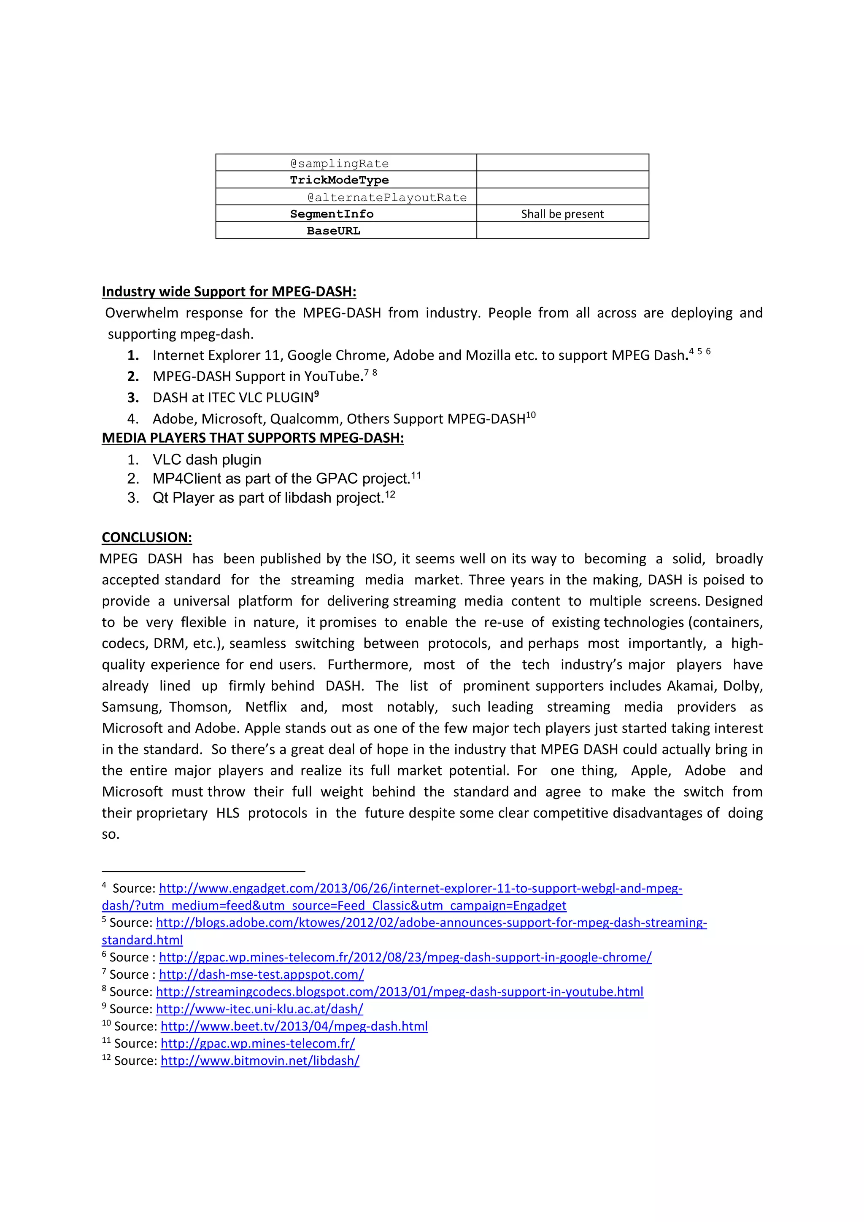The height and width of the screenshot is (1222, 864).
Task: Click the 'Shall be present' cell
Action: click(x=562, y=214)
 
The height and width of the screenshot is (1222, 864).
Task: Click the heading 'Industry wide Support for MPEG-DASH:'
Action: click(x=229, y=292)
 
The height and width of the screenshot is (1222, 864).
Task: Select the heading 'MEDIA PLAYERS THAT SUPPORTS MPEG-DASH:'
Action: click(x=253, y=438)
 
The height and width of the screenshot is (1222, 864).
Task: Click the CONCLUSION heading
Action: click(x=147, y=538)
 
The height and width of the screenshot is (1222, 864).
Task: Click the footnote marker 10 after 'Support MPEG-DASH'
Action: click(x=531, y=415)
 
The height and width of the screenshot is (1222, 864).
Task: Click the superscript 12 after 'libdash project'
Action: click(x=390, y=495)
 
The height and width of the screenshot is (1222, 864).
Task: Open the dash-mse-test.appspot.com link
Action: click(x=262, y=974)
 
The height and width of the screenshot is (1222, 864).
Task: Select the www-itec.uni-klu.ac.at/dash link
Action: click(x=259, y=1009)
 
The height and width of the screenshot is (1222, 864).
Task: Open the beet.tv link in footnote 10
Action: click(x=294, y=1026)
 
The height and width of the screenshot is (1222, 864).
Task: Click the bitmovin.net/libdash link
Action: click(x=260, y=1061)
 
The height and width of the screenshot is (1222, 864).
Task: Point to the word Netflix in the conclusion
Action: click(x=266, y=707)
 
